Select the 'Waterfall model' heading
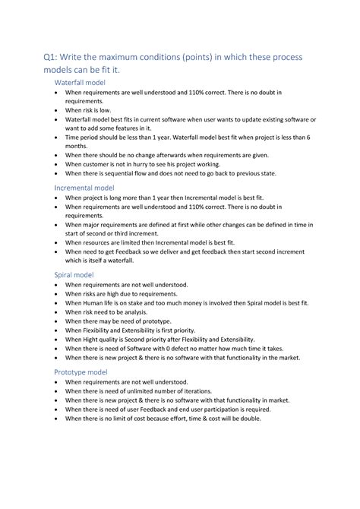[x=81, y=82]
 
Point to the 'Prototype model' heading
[x=81, y=371]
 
